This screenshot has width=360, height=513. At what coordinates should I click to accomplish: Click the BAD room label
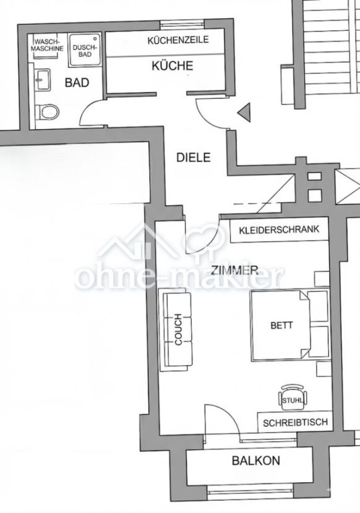click(x=77, y=82)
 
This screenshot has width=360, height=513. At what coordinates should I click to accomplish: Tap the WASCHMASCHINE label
click(x=49, y=45)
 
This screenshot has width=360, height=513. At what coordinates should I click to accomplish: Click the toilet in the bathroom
click(x=47, y=112)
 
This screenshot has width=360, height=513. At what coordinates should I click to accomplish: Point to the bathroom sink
click(x=42, y=79)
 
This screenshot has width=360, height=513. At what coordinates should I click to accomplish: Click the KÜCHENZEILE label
click(x=178, y=40)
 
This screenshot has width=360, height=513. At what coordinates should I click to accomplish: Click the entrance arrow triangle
click(x=243, y=112)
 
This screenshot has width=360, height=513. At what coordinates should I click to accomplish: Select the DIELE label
click(x=194, y=158)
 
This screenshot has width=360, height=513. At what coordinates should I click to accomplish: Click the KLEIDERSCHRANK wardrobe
click(x=278, y=230)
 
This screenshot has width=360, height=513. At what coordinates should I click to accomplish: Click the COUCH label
click(x=178, y=329)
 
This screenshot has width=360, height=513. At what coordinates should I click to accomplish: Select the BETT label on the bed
click(x=281, y=325)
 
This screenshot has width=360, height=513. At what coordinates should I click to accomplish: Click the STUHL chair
click(x=293, y=396)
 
